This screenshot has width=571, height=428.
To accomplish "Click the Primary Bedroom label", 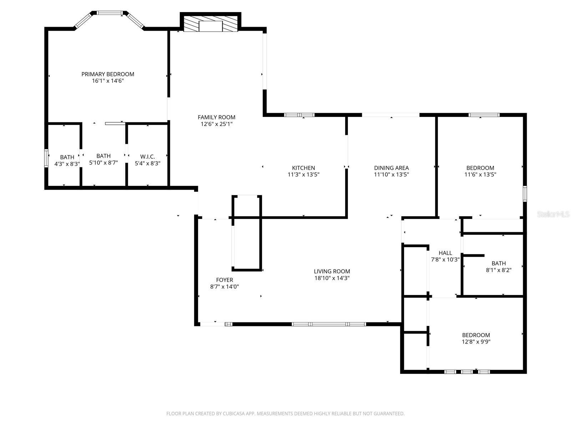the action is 108,74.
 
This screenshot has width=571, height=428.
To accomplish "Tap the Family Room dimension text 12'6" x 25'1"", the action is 216,124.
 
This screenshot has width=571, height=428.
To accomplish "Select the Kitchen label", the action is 303,168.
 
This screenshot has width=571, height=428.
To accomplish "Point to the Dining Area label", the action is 391,168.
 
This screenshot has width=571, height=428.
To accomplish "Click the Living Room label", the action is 332,271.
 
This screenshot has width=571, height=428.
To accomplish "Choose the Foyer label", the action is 224,280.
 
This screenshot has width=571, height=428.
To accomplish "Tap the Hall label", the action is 445,253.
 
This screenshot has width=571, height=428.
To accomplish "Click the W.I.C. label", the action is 147,157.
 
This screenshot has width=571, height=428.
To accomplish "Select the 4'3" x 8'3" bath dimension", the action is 67,164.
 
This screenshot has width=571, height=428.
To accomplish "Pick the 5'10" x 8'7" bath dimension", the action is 103,163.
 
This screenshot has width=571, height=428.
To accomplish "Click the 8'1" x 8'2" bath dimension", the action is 499,270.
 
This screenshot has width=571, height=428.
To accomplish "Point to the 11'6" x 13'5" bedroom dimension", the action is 480,174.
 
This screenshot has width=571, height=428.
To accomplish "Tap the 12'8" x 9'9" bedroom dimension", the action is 476,342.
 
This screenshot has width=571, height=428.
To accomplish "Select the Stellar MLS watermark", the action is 553,214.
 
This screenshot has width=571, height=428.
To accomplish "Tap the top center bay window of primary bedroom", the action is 110,13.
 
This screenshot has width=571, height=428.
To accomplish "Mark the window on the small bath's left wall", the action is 46,158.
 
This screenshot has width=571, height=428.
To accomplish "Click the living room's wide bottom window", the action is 329,324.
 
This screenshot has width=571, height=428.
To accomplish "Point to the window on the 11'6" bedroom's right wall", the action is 525,194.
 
